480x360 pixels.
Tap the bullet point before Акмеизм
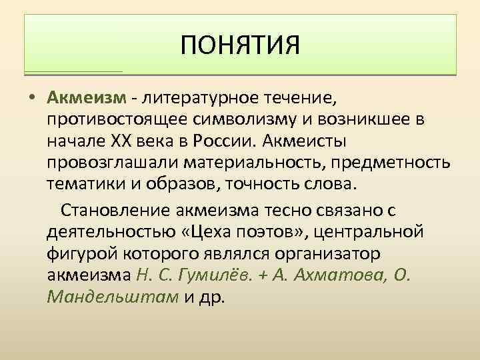pos(33,99)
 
